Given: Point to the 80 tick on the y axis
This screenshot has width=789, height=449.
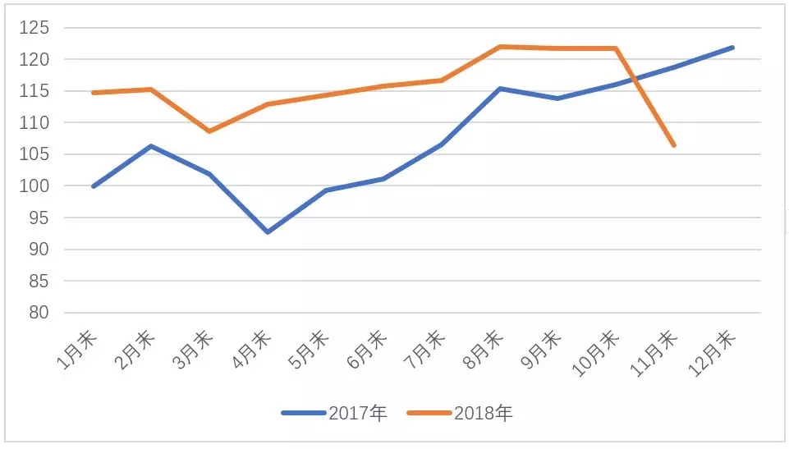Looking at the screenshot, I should pyautogui.click(x=37, y=313).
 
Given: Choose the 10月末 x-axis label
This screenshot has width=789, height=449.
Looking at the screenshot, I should pyautogui.click(x=598, y=351).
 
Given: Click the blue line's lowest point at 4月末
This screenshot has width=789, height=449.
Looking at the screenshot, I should pyautogui.click(x=267, y=232).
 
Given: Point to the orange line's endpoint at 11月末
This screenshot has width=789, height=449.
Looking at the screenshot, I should pyautogui.click(x=674, y=145).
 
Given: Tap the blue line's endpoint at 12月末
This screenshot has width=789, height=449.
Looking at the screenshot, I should pyautogui.click(x=732, y=48).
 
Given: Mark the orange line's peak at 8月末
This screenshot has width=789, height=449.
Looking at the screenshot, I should pyautogui.click(x=499, y=47).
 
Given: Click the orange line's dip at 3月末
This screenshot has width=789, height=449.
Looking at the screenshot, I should pyautogui.click(x=209, y=131).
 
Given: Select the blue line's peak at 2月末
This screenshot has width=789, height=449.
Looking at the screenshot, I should pyautogui.click(x=151, y=146).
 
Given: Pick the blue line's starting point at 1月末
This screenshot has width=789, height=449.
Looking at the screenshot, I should pyautogui.click(x=93, y=186).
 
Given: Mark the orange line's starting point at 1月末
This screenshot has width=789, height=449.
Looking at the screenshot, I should pyautogui.click(x=93, y=93).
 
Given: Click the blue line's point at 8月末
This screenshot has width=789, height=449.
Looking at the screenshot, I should pyautogui.click(x=499, y=89).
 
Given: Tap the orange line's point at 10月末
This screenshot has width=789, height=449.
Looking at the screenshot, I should pyautogui.click(x=616, y=48).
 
